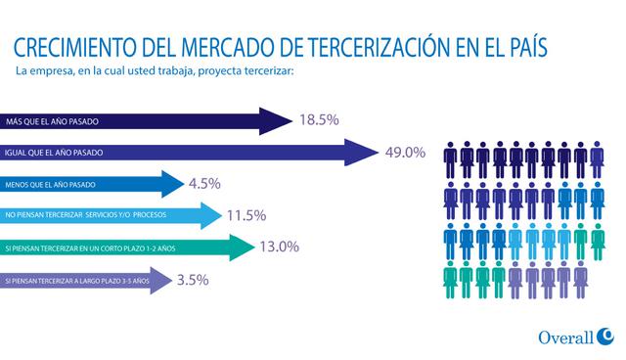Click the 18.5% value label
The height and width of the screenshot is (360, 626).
point(319,120)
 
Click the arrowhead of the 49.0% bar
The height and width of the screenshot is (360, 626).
point(364,153)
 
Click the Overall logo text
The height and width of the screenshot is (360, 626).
point(566,337)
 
